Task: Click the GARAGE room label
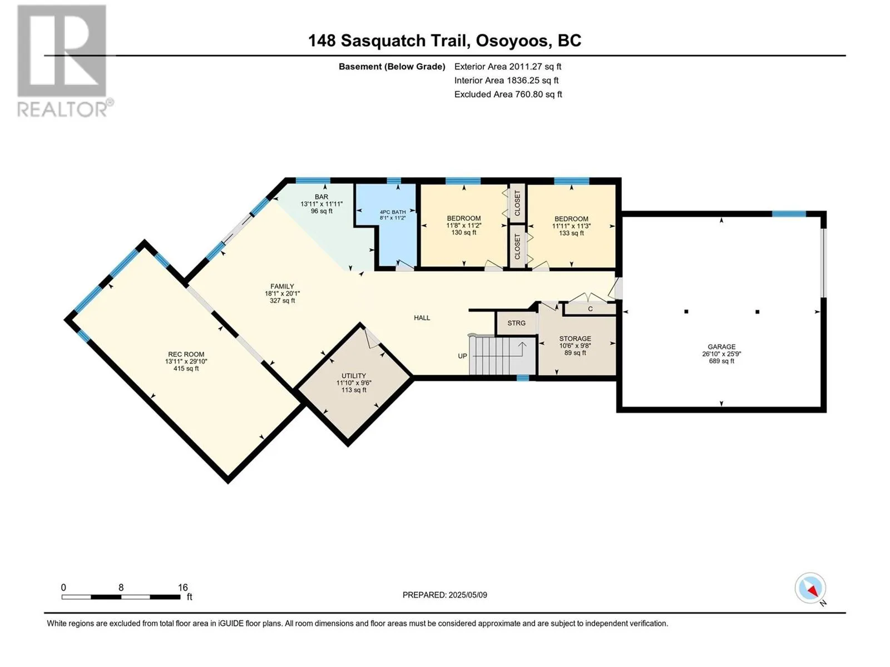tap(721, 347)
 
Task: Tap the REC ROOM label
tap(186, 354)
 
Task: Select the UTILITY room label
tap(354, 375)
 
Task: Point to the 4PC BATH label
tap(393, 212)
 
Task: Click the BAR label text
tap(322, 197)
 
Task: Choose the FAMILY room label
tap(282, 286)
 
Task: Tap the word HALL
tap(422, 318)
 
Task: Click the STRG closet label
tap(516, 323)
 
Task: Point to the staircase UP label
tap(462, 356)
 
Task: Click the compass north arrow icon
tap(810, 588)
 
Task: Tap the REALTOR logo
tap(63, 61)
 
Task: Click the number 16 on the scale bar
tap(183, 587)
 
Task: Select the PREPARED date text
tap(445, 595)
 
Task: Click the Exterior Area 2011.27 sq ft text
tap(508, 67)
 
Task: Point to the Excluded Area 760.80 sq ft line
tap(508, 94)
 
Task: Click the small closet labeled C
tap(590, 309)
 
